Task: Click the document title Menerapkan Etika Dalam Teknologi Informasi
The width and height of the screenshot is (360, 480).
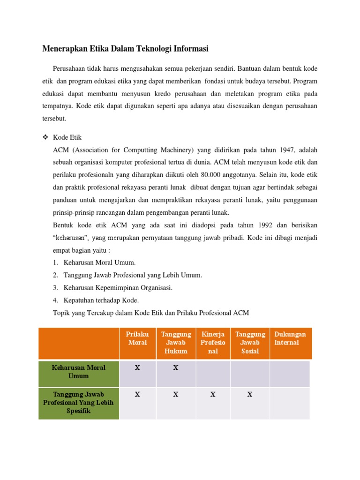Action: click(x=126, y=48)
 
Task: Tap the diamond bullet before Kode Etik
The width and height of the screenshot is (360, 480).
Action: click(x=45, y=137)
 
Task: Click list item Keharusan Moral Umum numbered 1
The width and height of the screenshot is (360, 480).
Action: click(x=99, y=262)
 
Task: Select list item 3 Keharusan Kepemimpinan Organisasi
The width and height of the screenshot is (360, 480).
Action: click(x=118, y=288)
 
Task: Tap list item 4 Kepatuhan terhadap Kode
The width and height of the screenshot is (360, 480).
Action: click(x=101, y=300)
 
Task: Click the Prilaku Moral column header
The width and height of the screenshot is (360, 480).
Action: click(x=137, y=338)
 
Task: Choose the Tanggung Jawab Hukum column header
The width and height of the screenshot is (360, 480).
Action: click(x=176, y=343)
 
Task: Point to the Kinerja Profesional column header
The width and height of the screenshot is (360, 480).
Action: click(x=213, y=343)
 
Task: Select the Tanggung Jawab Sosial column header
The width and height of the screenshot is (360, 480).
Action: click(x=250, y=343)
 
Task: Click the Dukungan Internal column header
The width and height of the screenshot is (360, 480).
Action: click(x=290, y=338)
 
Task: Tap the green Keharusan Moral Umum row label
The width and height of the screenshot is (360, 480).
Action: click(x=79, y=372)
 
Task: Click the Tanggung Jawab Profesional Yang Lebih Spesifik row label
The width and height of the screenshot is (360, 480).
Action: click(x=79, y=403)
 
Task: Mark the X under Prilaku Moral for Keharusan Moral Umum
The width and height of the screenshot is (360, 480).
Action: click(x=137, y=368)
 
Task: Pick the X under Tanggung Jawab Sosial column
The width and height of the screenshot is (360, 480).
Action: click(x=250, y=395)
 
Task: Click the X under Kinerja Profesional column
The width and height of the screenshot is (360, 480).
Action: click(x=213, y=395)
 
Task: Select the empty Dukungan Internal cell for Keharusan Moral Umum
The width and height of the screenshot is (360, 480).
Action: click(x=290, y=374)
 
